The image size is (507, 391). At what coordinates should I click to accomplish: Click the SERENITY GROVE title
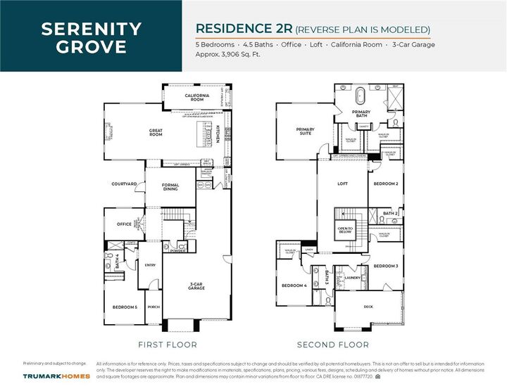click(x=91, y=38)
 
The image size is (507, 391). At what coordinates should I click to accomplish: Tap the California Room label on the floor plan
click(x=195, y=98)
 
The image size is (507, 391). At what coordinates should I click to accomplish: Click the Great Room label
click(x=156, y=132)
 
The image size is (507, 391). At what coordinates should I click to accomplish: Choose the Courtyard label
click(x=124, y=184)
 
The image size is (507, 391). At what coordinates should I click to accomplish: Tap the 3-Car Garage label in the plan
click(x=196, y=287)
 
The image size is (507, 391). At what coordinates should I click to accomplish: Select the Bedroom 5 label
click(x=125, y=307)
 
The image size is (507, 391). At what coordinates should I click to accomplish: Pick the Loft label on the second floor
click(x=342, y=184)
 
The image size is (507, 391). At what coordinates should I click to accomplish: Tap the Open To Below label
click(x=346, y=230)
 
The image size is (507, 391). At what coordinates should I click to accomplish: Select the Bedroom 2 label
click(x=386, y=184)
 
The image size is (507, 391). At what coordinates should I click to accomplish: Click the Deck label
click(x=368, y=307)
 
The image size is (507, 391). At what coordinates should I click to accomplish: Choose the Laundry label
click(x=353, y=278)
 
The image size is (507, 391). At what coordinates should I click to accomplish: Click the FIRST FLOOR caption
click(x=168, y=345)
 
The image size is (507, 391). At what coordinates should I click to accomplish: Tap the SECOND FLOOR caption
click(x=333, y=345)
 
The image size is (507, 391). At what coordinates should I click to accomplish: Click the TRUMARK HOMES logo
click(x=56, y=376)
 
